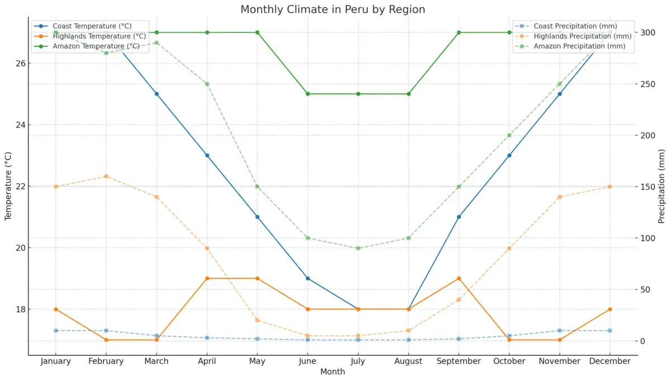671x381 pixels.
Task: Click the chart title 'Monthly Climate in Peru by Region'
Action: [x=333, y=9]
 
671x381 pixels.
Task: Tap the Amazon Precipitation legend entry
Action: [x=579, y=46]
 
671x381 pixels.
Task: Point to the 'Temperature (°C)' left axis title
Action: [x=8, y=186]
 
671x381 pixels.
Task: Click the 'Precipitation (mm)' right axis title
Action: [x=661, y=186]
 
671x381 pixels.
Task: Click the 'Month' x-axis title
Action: [x=333, y=372]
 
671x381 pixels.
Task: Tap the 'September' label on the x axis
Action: [x=459, y=361]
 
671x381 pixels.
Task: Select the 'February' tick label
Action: [x=106, y=361]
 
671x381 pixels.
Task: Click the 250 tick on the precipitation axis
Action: [x=648, y=84]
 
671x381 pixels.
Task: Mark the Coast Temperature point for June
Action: [x=308, y=278]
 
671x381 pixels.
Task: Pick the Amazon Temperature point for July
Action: [x=358, y=94]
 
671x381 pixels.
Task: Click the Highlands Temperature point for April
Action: [x=207, y=278]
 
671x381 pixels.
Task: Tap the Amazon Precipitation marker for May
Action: [x=257, y=187]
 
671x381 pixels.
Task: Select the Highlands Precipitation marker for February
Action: [x=106, y=177]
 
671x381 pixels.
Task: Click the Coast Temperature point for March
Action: [x=157, y=94]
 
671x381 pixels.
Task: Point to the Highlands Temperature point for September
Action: [x=459, y=278]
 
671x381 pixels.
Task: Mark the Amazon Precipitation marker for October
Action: [x=509, y=135]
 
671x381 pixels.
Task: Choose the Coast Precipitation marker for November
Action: [x=559, y=331]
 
